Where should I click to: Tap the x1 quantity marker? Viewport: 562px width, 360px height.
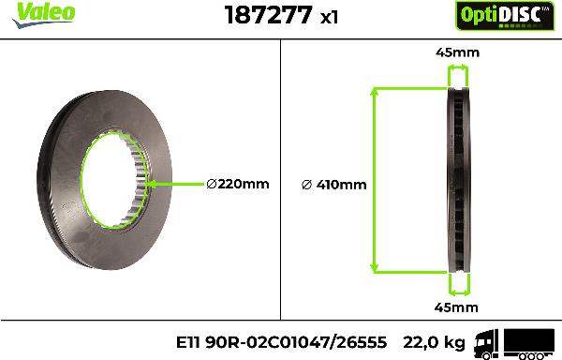(x=329, y=17)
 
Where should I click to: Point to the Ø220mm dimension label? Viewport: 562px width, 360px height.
(x=237, y=184)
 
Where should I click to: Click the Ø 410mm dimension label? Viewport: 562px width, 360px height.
(x=334, y=184)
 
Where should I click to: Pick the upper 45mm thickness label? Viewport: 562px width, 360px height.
(x=457, y=52)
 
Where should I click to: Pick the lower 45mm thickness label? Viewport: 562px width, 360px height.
(x=457, y=307)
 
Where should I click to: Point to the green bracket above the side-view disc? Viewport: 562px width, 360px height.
(x=458, y=72)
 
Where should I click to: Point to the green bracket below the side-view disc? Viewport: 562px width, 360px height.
(x=458, y=287)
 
